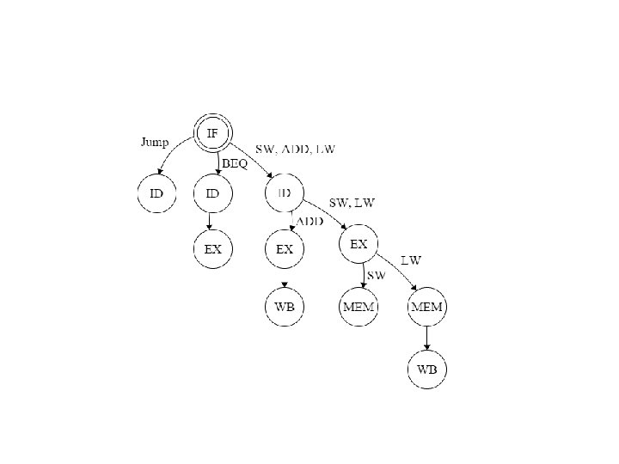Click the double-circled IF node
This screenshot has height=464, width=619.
[212, 135]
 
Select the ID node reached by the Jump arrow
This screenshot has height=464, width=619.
[156, 193]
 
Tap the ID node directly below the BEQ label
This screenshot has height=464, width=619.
[212, 193]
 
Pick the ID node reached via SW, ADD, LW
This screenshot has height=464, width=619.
[285, 193]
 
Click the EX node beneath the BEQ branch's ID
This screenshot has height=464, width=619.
[212, 249]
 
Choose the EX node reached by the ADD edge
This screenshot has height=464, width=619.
[285, 249]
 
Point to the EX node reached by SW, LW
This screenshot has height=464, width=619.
[359, 245]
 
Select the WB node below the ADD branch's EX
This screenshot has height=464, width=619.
[285, 307]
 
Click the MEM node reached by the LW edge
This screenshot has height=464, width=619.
[427, 307]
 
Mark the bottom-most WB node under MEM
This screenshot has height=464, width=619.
[427, 369]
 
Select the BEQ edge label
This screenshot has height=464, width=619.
[235, 163]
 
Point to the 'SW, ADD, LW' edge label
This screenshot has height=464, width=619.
[295, 149]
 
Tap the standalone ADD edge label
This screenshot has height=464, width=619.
[309, 221]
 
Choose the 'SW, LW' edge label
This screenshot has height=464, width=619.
[352, 204]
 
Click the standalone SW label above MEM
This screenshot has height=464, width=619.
[376, 275]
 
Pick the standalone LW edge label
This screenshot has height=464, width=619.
[412, 259]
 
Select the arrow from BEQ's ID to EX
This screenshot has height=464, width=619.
[212, 222]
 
